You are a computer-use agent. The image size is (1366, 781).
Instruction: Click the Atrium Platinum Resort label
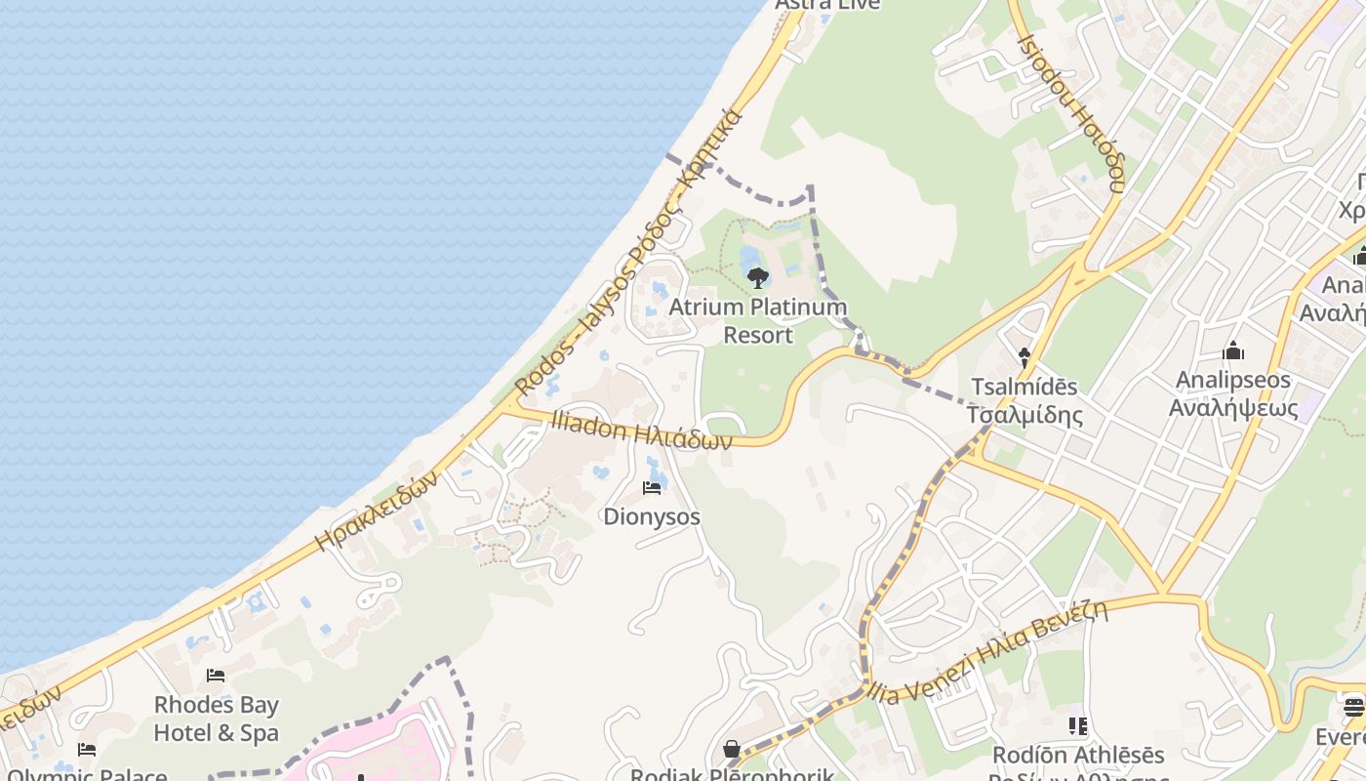pyautogui.click(x=757, y=321)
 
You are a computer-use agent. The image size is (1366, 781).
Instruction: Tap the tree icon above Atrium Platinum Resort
pyautogui.click(x=757, y=278)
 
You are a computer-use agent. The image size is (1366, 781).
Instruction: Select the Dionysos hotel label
pyautogui.click(x=652, y=516)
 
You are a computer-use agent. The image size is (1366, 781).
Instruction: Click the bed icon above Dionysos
pyautogui.click(x=652, y=488)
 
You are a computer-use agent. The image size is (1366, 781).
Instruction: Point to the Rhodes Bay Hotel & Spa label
pyautogui.click(x=217, y=719)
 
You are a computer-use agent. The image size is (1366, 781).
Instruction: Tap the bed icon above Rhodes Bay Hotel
pyautogui.click(x=216, y=676)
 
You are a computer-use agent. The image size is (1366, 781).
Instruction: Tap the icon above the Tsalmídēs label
pyautogui.click(x=1024, y=357)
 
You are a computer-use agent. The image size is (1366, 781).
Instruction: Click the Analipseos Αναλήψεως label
pyautogui.click(x=1233, y=393)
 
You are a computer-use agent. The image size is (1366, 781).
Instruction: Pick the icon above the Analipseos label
pyautogui.click(x=1233, y=350)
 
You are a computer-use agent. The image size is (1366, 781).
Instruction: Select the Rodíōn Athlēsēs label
pyautogui.click(x=1078, y=756)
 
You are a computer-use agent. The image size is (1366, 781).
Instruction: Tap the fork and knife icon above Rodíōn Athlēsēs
pyautogui.click(x=1078, y=725)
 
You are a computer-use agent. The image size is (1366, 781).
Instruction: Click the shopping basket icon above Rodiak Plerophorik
pyautogui.click(x=731, y=749)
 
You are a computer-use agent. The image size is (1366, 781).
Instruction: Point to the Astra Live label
pyautogui.click(x=827, y=5)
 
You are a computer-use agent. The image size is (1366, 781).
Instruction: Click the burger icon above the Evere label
pyautogui.click(x=1353, y=706)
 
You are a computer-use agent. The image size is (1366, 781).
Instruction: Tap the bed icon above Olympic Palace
pyautogui.click(x=87, y=750)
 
